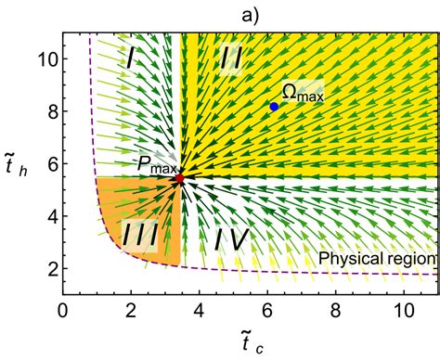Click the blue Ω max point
(x=274, y=107)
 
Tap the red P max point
(x=179, y=178)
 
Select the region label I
(x=130, y=59)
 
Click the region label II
(x=230, y=59)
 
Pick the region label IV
(x=231, y=239)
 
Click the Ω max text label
(x=303, y=92)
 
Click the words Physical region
(x=377, y=258)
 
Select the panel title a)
(x=250, y=16)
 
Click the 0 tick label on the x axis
(x=63, y=310)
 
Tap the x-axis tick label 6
(x=267, y=310)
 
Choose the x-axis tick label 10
(x=404, y=310)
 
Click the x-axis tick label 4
(x=200, y=310)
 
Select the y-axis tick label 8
(x=53, y=111)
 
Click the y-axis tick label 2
(x=53, y=268)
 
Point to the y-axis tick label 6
(x=53, y=163)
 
